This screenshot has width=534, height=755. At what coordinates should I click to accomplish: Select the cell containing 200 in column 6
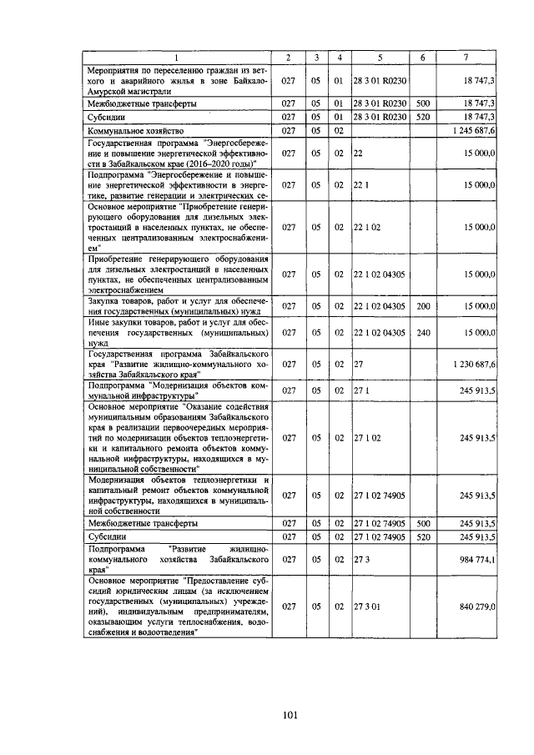pyautogui.click(x=423, y=306)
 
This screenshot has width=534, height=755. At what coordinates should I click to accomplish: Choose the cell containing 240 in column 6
pyautogui.click(x=423, y=332)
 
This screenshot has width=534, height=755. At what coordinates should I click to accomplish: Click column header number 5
pyautogui.click(x=380, y=57)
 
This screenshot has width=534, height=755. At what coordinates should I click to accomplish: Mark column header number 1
pyautogui.click(x=177, y=57)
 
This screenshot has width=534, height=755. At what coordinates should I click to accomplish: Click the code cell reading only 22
pyautogui.click(x=359, y=154)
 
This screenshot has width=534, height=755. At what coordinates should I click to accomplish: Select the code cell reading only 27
pyautogui.click(x=359, y=365)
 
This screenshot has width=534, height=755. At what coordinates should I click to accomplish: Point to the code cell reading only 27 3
pyautogui.click(x=362, y=559)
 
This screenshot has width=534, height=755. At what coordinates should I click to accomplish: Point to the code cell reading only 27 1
pyautogui.click(x=361, y=390)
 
